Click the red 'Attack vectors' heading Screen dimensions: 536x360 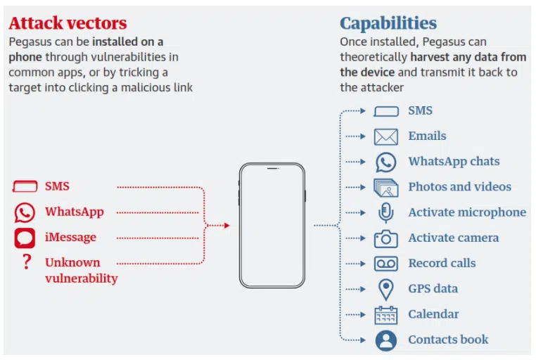[x=68, y=23]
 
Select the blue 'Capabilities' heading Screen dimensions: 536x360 [x=388, y=24]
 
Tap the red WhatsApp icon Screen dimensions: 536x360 [x=25, y=212]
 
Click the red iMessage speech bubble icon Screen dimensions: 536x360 [x=25, y=238]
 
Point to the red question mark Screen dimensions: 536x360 [x=27, y=262]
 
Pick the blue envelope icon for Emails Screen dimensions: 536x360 [x=386, y=137]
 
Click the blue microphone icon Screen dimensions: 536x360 [x=386, y=213]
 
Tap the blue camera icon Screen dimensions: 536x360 [x=386, y=238]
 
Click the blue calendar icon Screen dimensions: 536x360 [x=386, y=315]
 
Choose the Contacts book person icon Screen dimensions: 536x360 [x=386, y=340]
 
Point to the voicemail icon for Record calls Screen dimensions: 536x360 [x=386, y=264]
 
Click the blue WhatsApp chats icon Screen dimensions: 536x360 [x=386, y=162]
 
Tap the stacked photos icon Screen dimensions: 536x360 [x=386, y=188]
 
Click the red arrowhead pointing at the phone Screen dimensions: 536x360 [x=227, y=226]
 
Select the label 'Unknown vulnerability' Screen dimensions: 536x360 [x=82, y=270]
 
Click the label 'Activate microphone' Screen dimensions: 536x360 [x=467, y=212]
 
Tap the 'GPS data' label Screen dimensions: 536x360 [x=433, y=288]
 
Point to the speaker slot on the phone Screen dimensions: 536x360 [x=272, y=168]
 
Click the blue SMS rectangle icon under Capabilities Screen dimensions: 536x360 [x=386, y=111]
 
